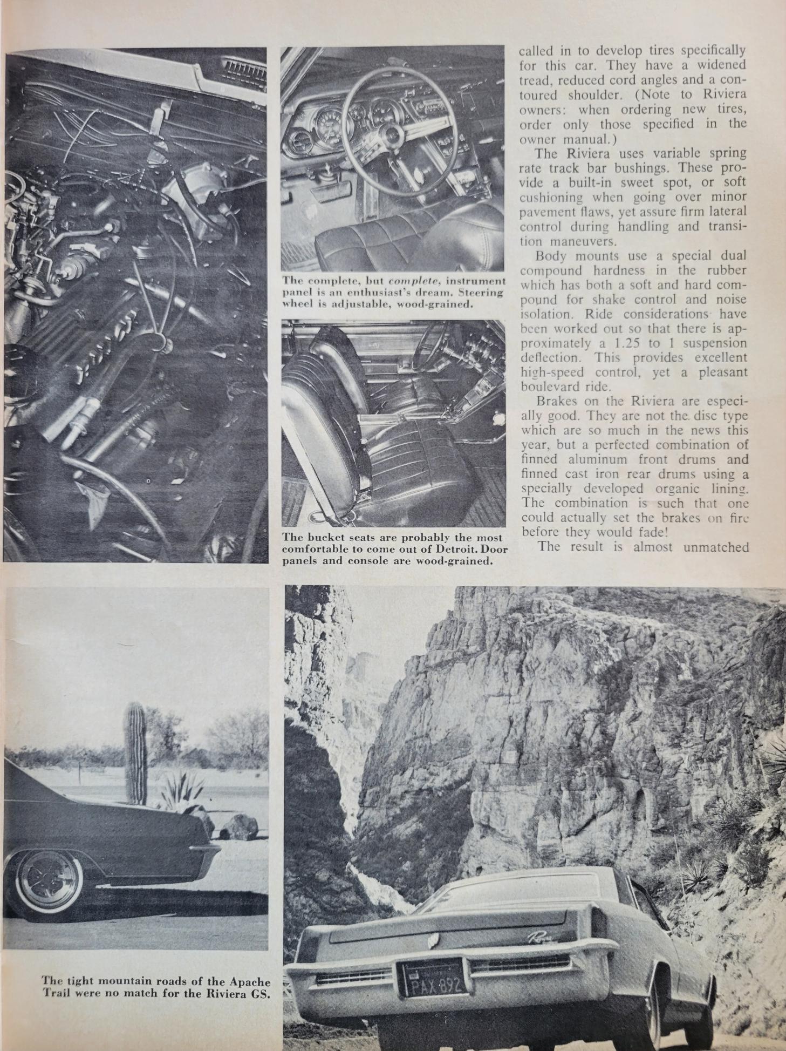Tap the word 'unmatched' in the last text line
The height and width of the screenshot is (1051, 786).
point(715,547)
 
